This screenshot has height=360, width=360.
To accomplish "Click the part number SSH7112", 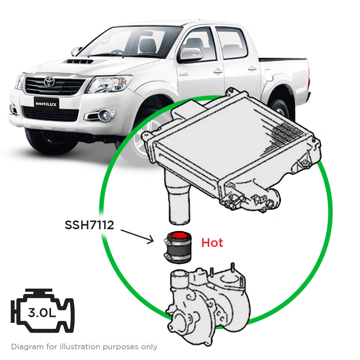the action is [x=89, y=225].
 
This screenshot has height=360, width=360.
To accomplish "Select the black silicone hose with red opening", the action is [x=178, y=247].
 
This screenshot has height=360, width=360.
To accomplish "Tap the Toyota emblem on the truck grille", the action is [x=49, y=82].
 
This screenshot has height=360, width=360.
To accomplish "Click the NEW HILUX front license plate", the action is [x=46, y=104].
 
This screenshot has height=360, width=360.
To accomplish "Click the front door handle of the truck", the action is [x=218, y=71].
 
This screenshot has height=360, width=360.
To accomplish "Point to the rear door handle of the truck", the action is [x=252, y=68].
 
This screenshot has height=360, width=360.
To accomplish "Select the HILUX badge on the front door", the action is [x=184, y=74].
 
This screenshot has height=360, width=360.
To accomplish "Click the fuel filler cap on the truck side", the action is [x=268, y=75].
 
